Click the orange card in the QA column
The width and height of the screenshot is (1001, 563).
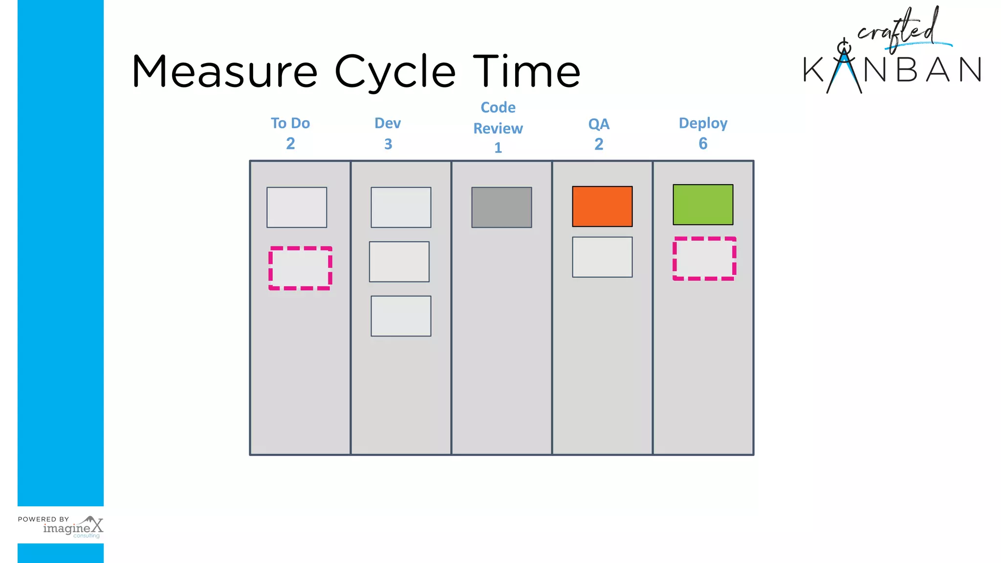click(x=602, y=206)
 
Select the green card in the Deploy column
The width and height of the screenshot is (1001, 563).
click(x=703, y=204)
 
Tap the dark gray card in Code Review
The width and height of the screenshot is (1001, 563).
click(x=501, y=207)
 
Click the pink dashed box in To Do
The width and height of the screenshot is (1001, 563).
click(x=300, y=268)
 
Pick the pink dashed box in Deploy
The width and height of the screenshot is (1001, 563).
click(x=704, y=259)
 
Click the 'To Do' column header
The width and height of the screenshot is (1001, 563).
click(x=290, y=123)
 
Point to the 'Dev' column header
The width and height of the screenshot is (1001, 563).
click(x=388, y=123)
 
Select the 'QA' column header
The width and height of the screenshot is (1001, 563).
click(x=599, y=124)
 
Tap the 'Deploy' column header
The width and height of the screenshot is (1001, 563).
click(x=703, y=123)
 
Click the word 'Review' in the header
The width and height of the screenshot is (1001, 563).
click(x=498, y=129)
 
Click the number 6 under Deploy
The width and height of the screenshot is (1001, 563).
click(x=703, y=144)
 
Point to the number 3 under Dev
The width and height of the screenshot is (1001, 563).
click(x=388, y=144)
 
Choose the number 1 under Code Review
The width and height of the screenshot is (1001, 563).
click(x=498, y=148)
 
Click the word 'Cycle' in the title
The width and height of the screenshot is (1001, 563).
click(x=395, y=72)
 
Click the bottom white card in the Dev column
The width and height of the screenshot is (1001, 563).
click(x=401, y=316)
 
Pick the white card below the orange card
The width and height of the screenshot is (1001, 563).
click(x=602, y=257)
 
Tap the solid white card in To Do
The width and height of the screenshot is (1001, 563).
click(x=297, y=207)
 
